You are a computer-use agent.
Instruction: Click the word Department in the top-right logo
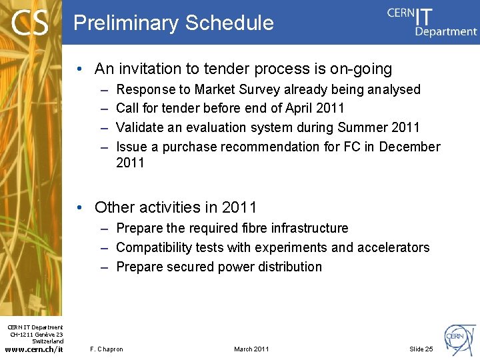pos(446,31)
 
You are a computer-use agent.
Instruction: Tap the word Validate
pos(141,127)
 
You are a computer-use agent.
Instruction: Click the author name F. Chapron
pos(106,349)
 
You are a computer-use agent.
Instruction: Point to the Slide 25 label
pos(421,349)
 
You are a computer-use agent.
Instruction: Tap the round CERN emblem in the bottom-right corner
pos(460,337)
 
